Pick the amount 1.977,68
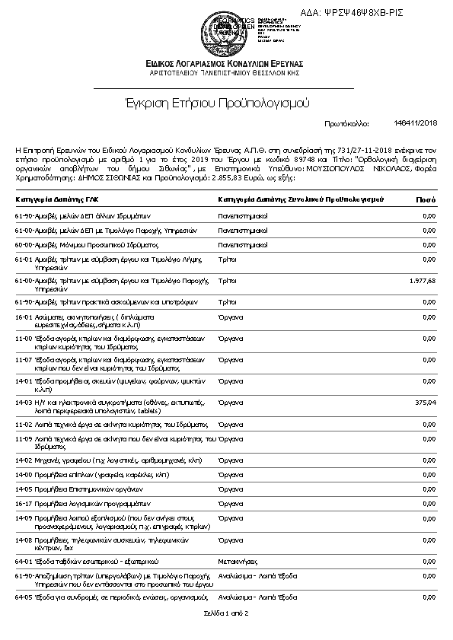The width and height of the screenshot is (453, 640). coord(422,281)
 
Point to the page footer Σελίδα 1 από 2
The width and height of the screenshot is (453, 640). coord(226,613)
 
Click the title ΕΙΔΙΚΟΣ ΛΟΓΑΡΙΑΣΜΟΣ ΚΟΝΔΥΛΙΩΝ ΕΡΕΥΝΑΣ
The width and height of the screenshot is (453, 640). coord(226,62)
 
